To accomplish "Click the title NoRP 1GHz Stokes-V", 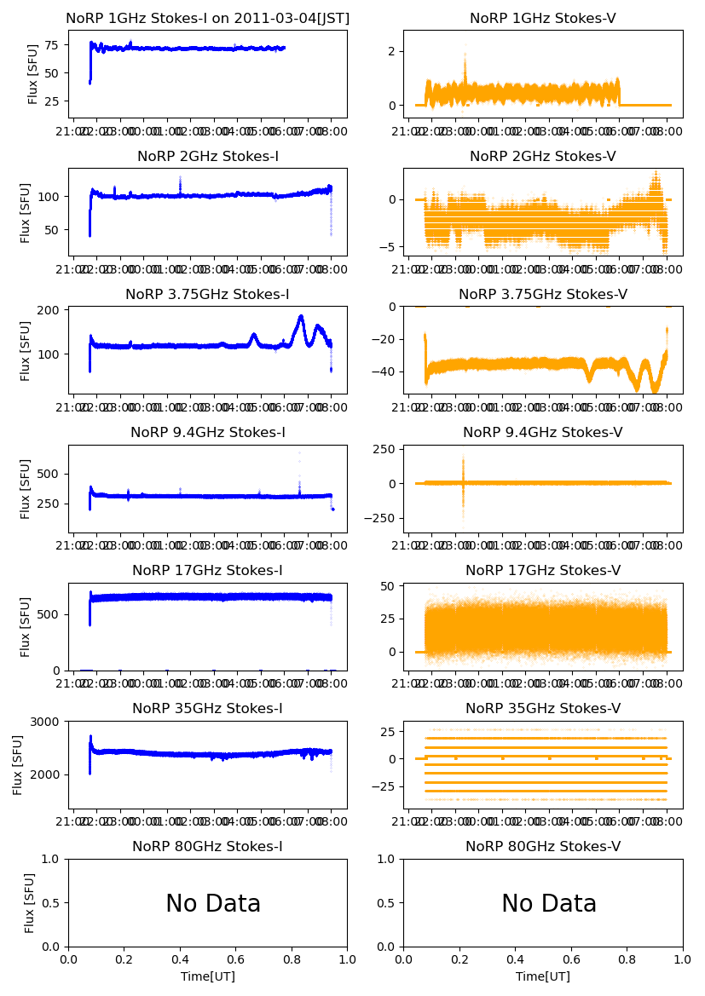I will click(543, 19).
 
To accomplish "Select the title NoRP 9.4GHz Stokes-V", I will click(543, 433).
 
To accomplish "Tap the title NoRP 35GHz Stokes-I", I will click(207, 709).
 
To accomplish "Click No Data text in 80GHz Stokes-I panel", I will click(213, 904).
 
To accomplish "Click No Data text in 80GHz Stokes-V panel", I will click(549, 904).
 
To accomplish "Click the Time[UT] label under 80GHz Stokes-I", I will click(207, 976).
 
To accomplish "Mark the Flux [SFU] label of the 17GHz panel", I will click(26, 627).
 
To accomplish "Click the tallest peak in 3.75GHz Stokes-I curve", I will click(301, 317).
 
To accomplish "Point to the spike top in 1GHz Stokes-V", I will click(465, 46).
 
